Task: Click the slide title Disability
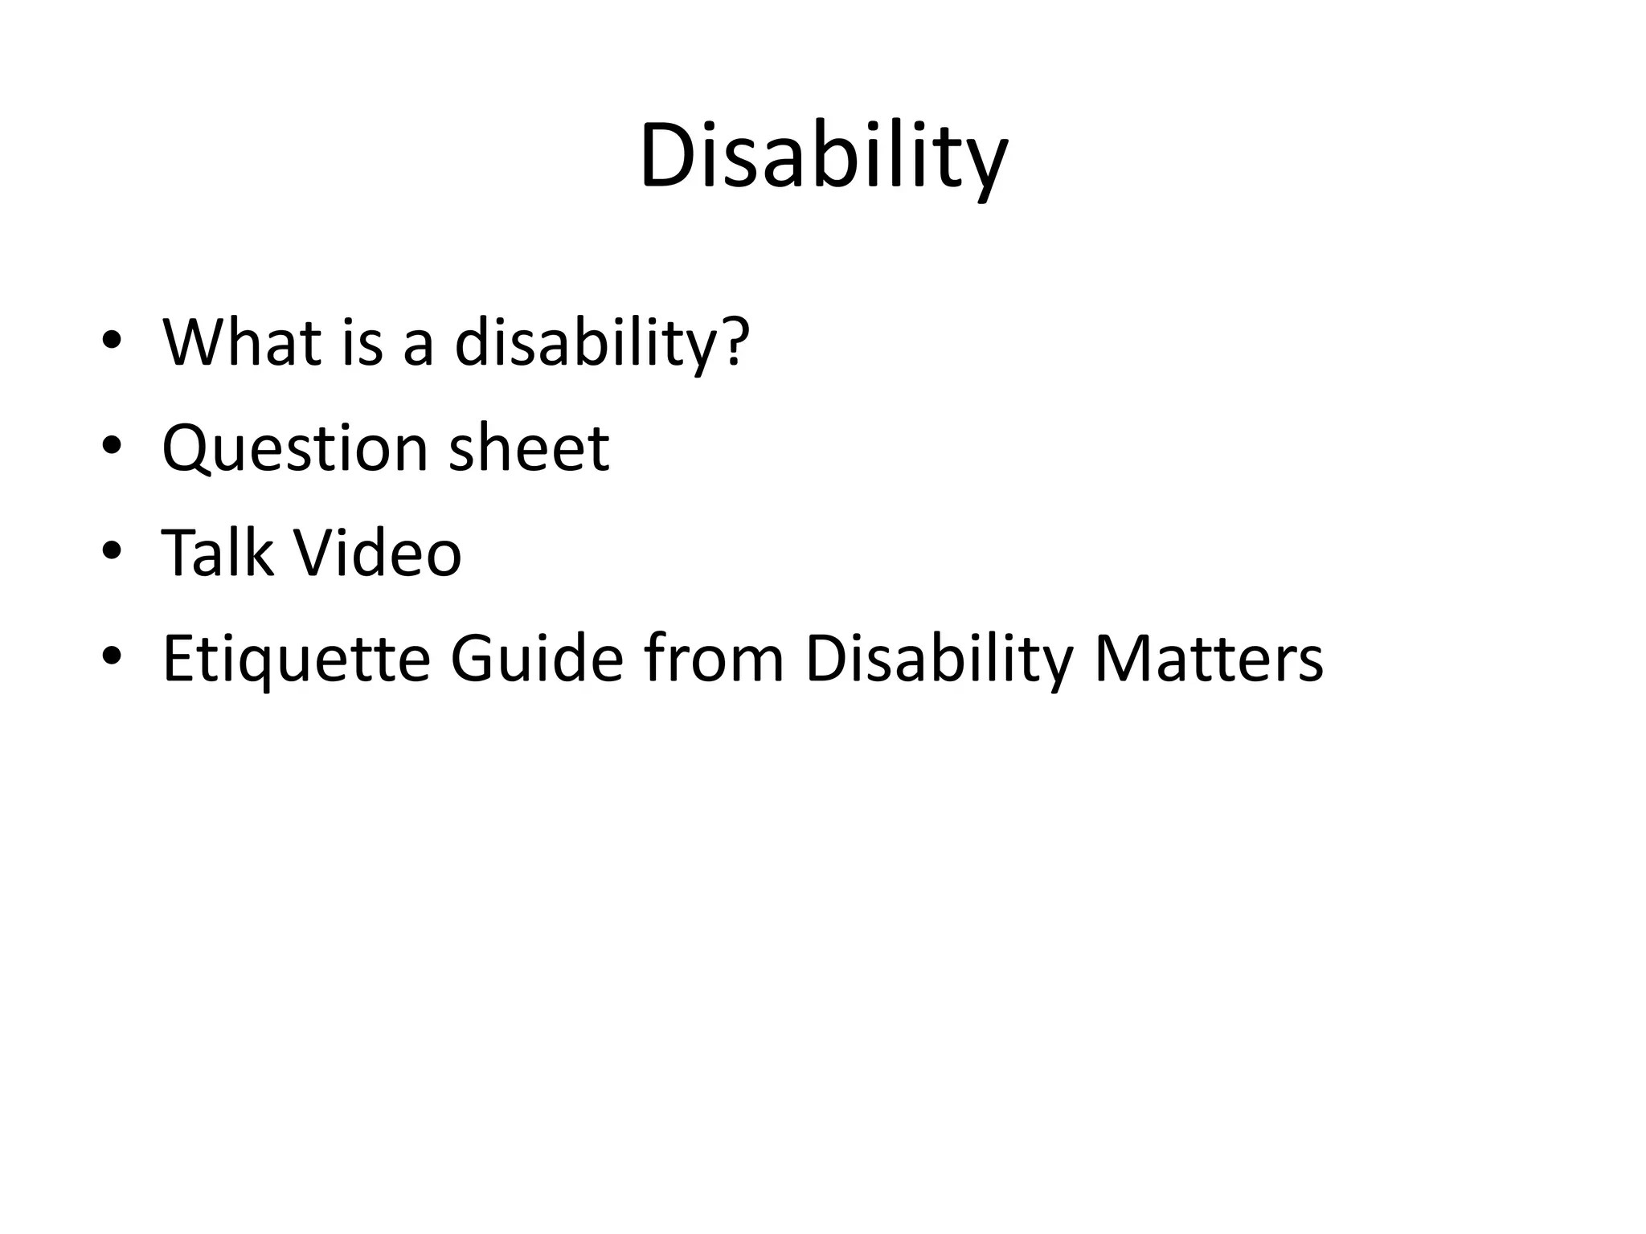823,157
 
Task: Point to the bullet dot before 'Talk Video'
112,551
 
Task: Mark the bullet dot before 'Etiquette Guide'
112,656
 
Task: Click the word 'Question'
294,447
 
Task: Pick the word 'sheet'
529,447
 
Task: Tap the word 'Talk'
217,553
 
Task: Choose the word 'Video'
377,553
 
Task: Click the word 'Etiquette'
297,659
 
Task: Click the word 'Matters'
1208,659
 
